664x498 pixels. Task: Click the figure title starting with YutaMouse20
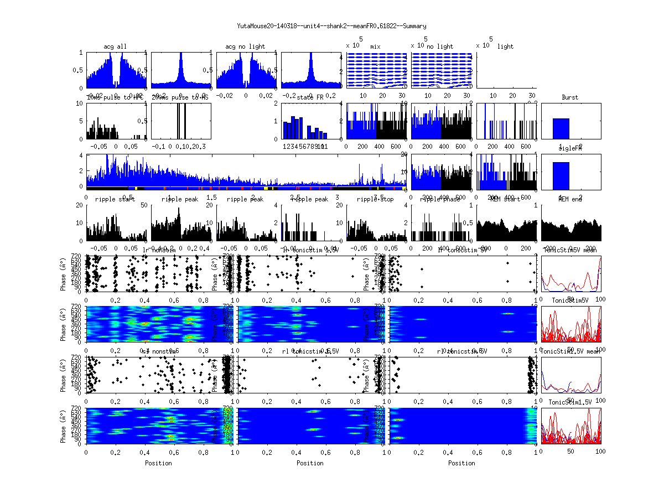tap(331, 26)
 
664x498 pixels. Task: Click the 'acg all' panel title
tap(115, 46)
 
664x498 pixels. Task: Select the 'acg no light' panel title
tap(245, 46)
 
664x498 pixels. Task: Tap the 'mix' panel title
tap(376, 46)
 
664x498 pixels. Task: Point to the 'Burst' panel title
tap(570, 97)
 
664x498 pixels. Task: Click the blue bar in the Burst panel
tap(561, 128)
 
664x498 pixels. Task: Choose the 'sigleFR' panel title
tap(570, 149)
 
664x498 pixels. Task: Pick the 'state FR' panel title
tap(310, 97)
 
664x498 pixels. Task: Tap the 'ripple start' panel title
tap(115, 199)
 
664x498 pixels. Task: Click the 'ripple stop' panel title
tap(375, 199)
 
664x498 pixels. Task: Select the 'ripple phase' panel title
tap(440, 199)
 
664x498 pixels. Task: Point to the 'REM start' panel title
tap(505, 199)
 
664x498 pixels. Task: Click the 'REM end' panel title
tap(570, 199)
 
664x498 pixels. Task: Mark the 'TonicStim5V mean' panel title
tap(570, 250)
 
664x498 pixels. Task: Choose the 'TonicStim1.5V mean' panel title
tap(570, 351)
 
